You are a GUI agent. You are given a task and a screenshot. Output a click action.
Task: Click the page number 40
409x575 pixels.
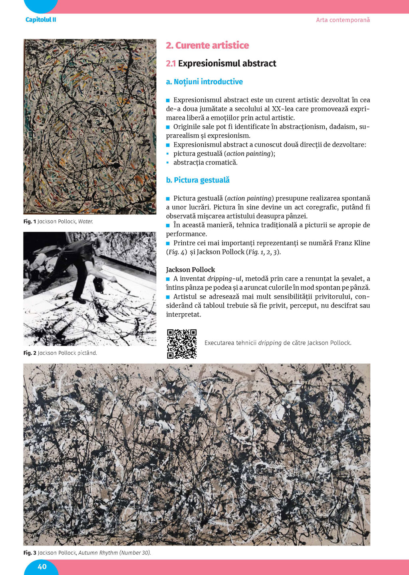[x=42, y=567]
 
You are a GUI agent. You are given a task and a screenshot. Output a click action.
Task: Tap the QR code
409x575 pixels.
[x=182, y=344]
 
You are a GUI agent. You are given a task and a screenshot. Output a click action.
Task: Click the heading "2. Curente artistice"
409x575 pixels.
[x=207, y=46]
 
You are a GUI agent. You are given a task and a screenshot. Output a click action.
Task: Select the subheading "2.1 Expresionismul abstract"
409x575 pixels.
[x=221, y=64]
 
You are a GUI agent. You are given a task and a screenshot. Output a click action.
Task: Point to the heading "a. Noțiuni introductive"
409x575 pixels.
[x=204, y=82]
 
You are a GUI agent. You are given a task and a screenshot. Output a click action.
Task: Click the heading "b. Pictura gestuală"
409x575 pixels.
[x=198, y=180]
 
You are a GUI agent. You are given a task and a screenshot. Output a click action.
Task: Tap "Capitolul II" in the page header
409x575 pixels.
[x=41, y=20]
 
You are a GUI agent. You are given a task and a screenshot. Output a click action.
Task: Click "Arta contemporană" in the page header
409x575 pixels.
[x=343, y=20]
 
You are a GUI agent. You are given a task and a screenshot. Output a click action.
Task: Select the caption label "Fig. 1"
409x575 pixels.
[x=30, y=221]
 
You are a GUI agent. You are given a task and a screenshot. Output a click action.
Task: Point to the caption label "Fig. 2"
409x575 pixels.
[x=30, y=353]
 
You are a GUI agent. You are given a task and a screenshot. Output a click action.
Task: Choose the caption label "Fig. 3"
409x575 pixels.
[x=30, y=553]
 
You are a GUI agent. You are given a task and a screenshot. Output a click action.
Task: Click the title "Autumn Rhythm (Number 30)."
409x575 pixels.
[x=115, y=553]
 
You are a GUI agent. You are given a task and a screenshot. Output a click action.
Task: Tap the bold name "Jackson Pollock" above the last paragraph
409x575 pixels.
[x=191, y=270]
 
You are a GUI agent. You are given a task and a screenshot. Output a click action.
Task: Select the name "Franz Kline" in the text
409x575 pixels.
[x=352, y=243]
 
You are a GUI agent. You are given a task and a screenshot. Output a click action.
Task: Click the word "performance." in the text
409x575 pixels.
[x=187, y=234]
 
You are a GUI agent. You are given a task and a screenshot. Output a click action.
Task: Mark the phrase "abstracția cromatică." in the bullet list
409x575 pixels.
[x=205, y=163]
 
